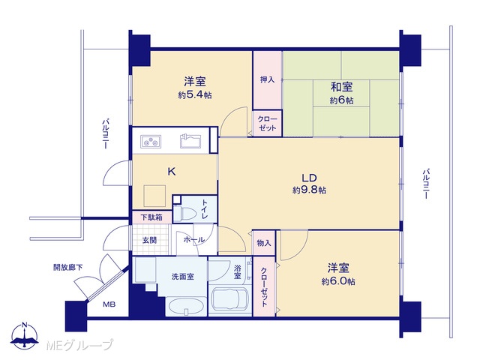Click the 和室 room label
click(x=341, y=87)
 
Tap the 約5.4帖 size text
click(x=195, y=95)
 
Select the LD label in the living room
click(x=309, y=178)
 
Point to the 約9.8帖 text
click(x=309, y=190)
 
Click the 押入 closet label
click(x=267, y=80)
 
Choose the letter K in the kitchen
click(x=172, y=172)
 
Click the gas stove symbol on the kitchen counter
click(x=151, y=142)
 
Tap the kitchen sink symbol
click(x=190, y=141)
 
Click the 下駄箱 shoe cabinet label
click(x=151, y=217)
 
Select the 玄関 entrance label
click(x=150, y=240)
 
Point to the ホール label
click(x=194, y=240)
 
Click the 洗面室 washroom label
click(x=183, y=277)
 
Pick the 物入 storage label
click(x=264, y=243)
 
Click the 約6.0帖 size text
click(x=338, y=281)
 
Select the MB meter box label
click(x=109, y=304)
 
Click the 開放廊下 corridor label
click(x=68, y=267)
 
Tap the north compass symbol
click(x=25, y=335)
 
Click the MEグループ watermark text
click(x=79, y=345)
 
